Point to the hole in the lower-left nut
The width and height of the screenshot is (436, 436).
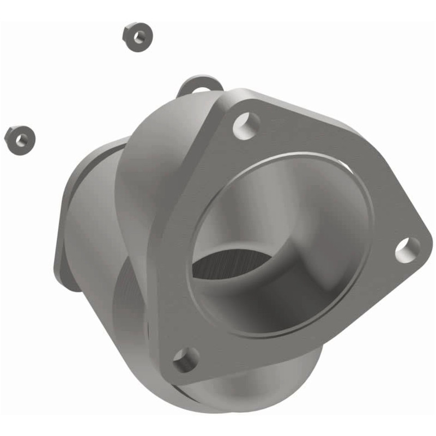(21, 140)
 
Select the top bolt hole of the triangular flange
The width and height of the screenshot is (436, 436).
(246, 125)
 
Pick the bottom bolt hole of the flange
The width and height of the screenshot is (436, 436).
(186, 360)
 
